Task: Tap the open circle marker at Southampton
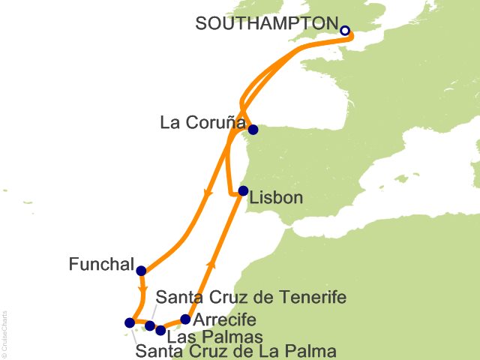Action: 345,31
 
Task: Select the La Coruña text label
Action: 201,121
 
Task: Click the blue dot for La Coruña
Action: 253,130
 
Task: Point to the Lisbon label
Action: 277,198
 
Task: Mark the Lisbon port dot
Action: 243,190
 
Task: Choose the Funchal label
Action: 101,265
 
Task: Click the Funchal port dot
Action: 141,271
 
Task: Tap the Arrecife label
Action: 224,319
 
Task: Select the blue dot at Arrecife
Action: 186,319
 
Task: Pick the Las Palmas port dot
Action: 160,330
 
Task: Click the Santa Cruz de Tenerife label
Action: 250,298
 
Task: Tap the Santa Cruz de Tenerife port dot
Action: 150,325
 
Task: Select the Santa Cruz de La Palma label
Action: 235,350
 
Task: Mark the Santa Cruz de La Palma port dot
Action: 130,323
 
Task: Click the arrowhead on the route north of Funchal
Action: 205,195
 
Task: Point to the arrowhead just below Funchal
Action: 141,288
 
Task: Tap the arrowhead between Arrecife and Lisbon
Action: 211,265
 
